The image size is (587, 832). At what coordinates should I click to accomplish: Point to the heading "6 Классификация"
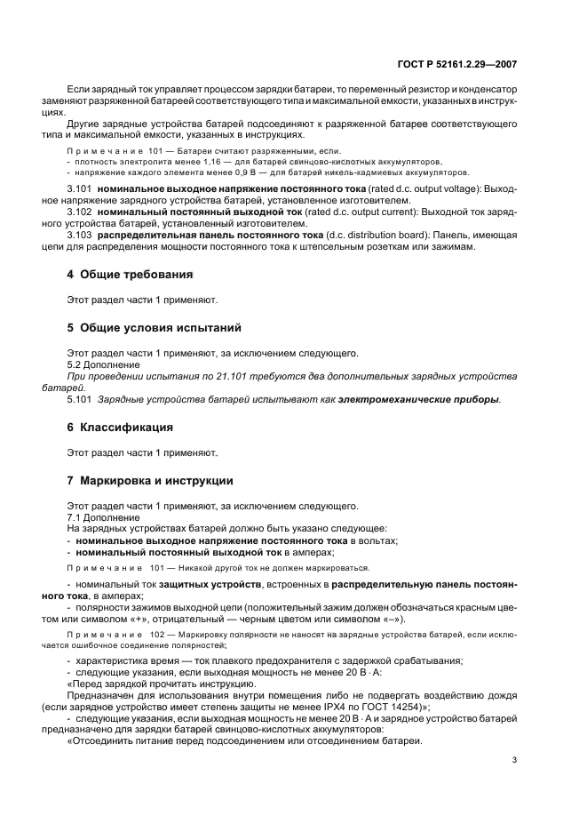(x=120, y=427)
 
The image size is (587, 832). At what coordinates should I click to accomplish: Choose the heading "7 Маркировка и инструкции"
(x=150, y=480)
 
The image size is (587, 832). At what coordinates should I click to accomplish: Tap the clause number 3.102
(x=81, y=213)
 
